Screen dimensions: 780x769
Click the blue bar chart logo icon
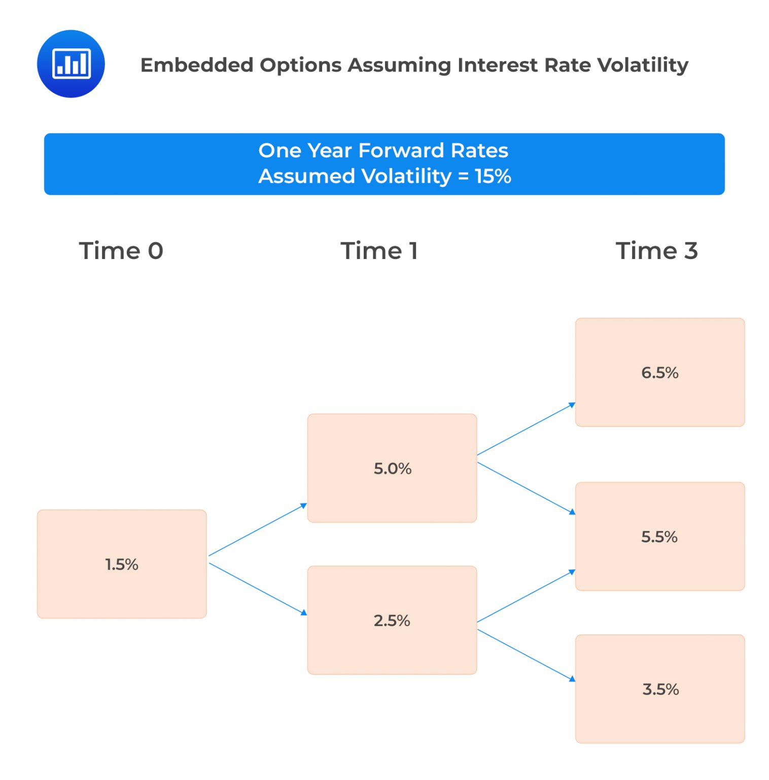71,64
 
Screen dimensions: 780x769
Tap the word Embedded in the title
197,65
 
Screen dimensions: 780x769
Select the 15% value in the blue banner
493,177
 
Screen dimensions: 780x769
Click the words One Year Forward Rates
383,150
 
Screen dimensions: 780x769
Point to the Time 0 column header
121,251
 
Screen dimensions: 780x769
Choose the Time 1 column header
379,251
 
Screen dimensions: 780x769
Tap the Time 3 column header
656,251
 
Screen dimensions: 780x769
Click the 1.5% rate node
122,564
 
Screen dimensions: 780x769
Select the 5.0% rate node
392,468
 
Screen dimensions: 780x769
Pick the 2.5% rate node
392,620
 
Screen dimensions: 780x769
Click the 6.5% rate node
659,372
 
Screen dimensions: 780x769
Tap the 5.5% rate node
659,536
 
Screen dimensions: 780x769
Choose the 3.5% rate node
659,689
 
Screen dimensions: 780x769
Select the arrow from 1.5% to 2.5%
258,589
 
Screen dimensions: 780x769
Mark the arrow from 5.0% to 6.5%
526,429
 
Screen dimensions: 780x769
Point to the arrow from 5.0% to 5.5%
526,488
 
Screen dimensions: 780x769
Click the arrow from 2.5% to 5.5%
526,596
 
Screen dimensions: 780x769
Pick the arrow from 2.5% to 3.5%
526,655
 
